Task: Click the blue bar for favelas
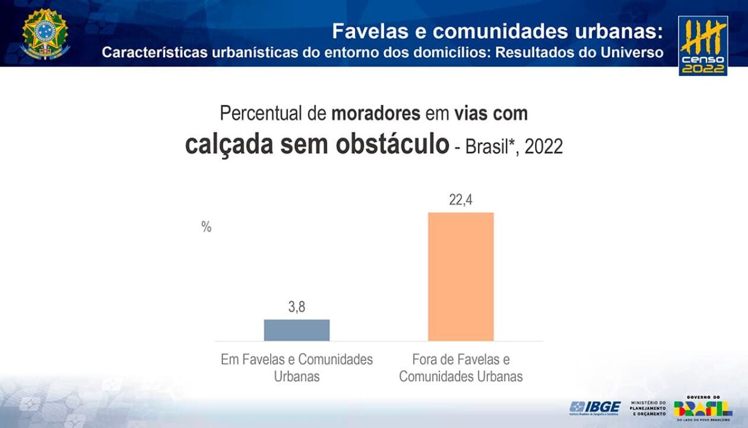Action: pyautogui.click(x=296, y=330)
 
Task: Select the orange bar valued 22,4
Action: pyautogui.click(x=461, y=276)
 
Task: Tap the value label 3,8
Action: pyautogui.click(x=297, y=308)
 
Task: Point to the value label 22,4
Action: pyautogui.click(x=461, y=200)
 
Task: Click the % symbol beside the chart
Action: pyautogui.click(x=206, y=227)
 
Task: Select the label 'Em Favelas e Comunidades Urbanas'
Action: pyautogui.click(x=297, y=368)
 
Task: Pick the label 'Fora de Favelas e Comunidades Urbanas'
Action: pyautogui.click(x=461, y=368)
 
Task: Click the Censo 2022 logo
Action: pyautogui.click(x=703, y=46)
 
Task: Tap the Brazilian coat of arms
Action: pyautogui.click(x=45, y=34)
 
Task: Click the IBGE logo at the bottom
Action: pyautogui.click(x=595, y=408)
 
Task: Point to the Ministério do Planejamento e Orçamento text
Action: pyautogui.click(x=648, y=408)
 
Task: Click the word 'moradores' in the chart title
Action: pyautogui.click(x=376, y=113)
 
